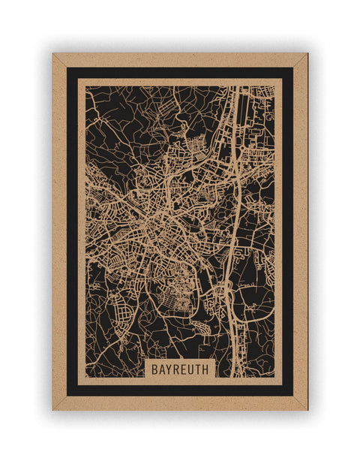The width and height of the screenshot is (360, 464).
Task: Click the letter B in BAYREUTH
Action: coord(154,370)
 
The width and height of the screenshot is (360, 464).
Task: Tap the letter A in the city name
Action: coord(162,370)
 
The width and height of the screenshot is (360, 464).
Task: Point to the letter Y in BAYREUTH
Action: coord(169,370)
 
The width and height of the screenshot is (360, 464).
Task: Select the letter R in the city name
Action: coord(177,370)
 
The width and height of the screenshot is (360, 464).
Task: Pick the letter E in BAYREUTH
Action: coord(184,370)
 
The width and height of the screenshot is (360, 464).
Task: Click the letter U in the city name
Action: coord(192,370)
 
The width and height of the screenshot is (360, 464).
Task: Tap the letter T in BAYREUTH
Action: coord(199,370)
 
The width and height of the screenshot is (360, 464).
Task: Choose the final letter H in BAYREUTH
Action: coord(207,370)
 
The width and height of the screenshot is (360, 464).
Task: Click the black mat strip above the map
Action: coord(180,73)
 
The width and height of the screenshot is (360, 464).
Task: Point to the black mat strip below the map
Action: coord(180,390)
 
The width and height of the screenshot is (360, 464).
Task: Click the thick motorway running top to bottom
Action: coord(237,188)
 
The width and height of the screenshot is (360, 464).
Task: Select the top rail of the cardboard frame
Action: coord(180,59)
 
